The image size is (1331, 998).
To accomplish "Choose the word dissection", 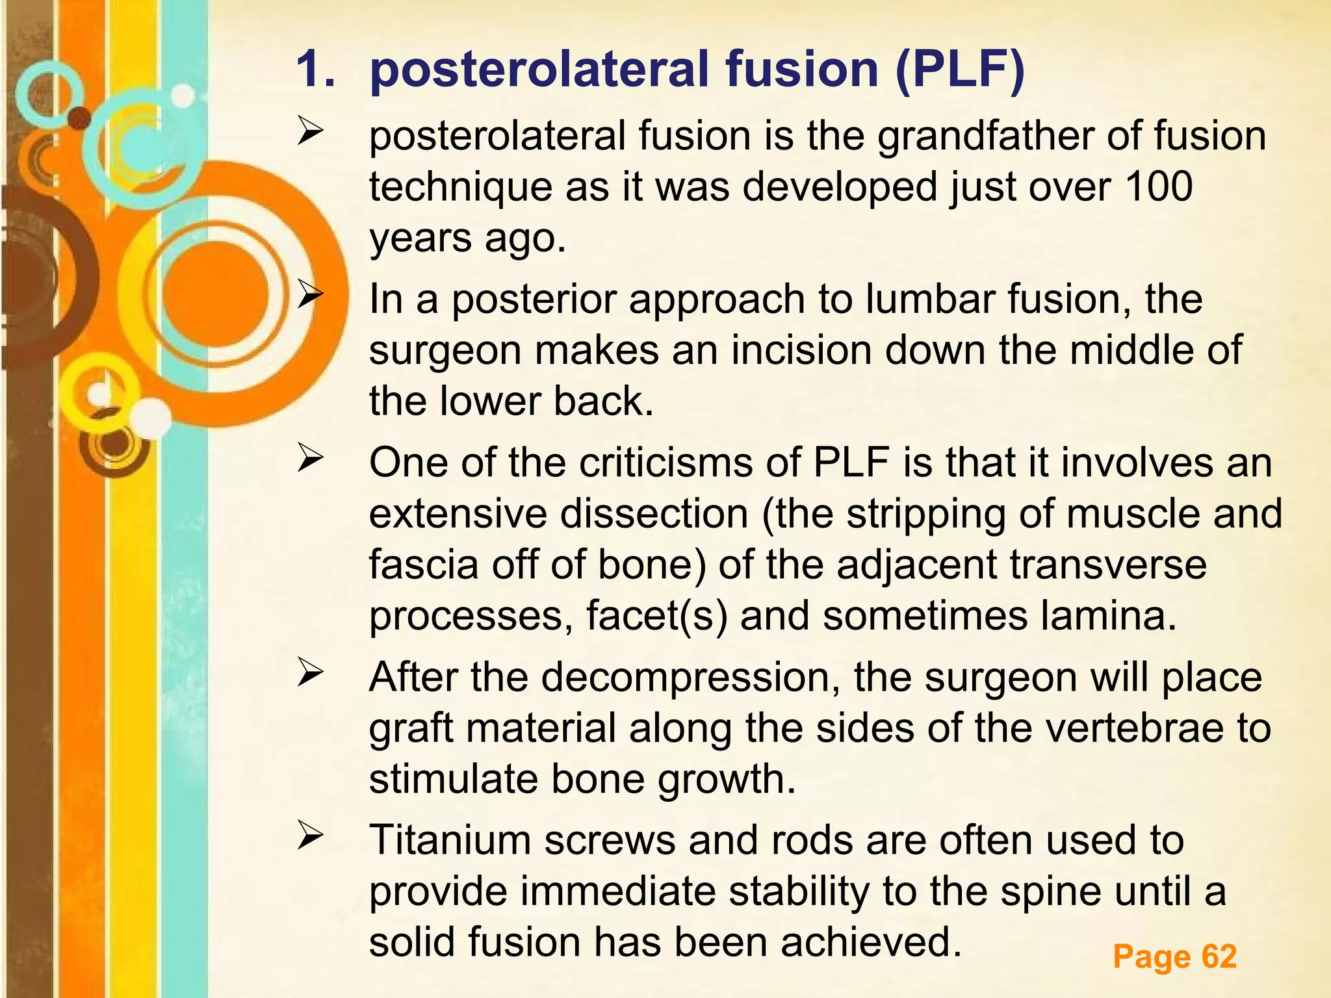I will pos(654,514).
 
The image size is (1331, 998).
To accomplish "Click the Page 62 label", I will pos(1174,956).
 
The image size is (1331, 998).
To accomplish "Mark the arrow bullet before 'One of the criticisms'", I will pos(310,459).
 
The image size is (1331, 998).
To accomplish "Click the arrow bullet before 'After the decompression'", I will pos(310,673).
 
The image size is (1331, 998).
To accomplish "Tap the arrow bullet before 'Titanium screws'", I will pos(310,836).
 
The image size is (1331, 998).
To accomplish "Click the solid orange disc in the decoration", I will pos(215,292).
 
